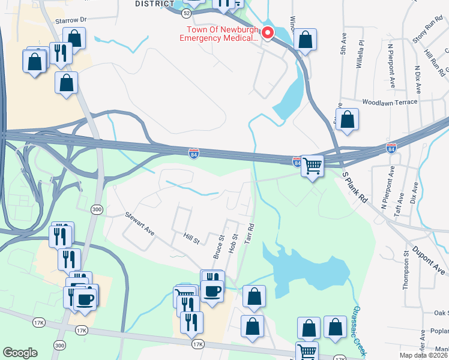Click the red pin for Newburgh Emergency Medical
268,34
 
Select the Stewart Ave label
140,223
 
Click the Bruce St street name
218,247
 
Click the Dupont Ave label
429,259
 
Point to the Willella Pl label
361,55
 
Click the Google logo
20,353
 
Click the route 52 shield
170,13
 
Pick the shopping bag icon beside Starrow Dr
74,38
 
